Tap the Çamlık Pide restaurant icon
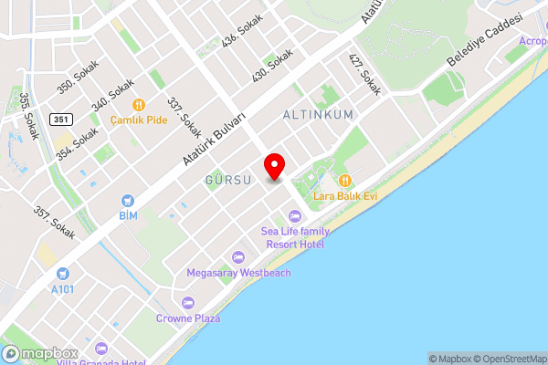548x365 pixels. click(x=139, y=105)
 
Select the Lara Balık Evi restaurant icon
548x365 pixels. click(x=344, y=180)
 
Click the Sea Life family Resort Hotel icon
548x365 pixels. click(x=294, y=215)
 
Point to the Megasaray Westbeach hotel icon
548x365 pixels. click(x=238, y=257)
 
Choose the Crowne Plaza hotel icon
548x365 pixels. click(x=188, y=303)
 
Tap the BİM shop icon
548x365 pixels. click(x=128, y=200)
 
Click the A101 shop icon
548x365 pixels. click(x=62, y=274)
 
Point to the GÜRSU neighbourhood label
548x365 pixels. click(x=228, y=180)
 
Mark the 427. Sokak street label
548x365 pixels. click(x=364, y=74)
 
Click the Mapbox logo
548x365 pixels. click(x=40, y=353)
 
